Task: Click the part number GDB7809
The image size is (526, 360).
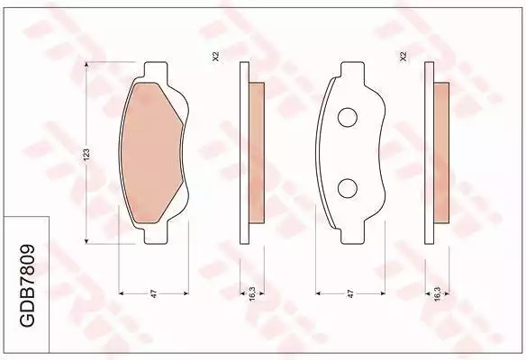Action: [27, 286]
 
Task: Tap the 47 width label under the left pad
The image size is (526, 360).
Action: [154, 294]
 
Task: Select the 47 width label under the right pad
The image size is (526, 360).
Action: [350, 294]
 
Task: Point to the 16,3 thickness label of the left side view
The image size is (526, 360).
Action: [252, 293]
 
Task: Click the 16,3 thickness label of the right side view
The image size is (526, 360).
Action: [437, 293]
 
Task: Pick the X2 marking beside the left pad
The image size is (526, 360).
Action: [215, 57]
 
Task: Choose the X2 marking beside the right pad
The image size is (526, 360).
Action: [404, 57]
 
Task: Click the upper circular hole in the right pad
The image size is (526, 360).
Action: [347, 117]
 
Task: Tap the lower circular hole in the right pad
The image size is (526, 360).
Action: [347, 188]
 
